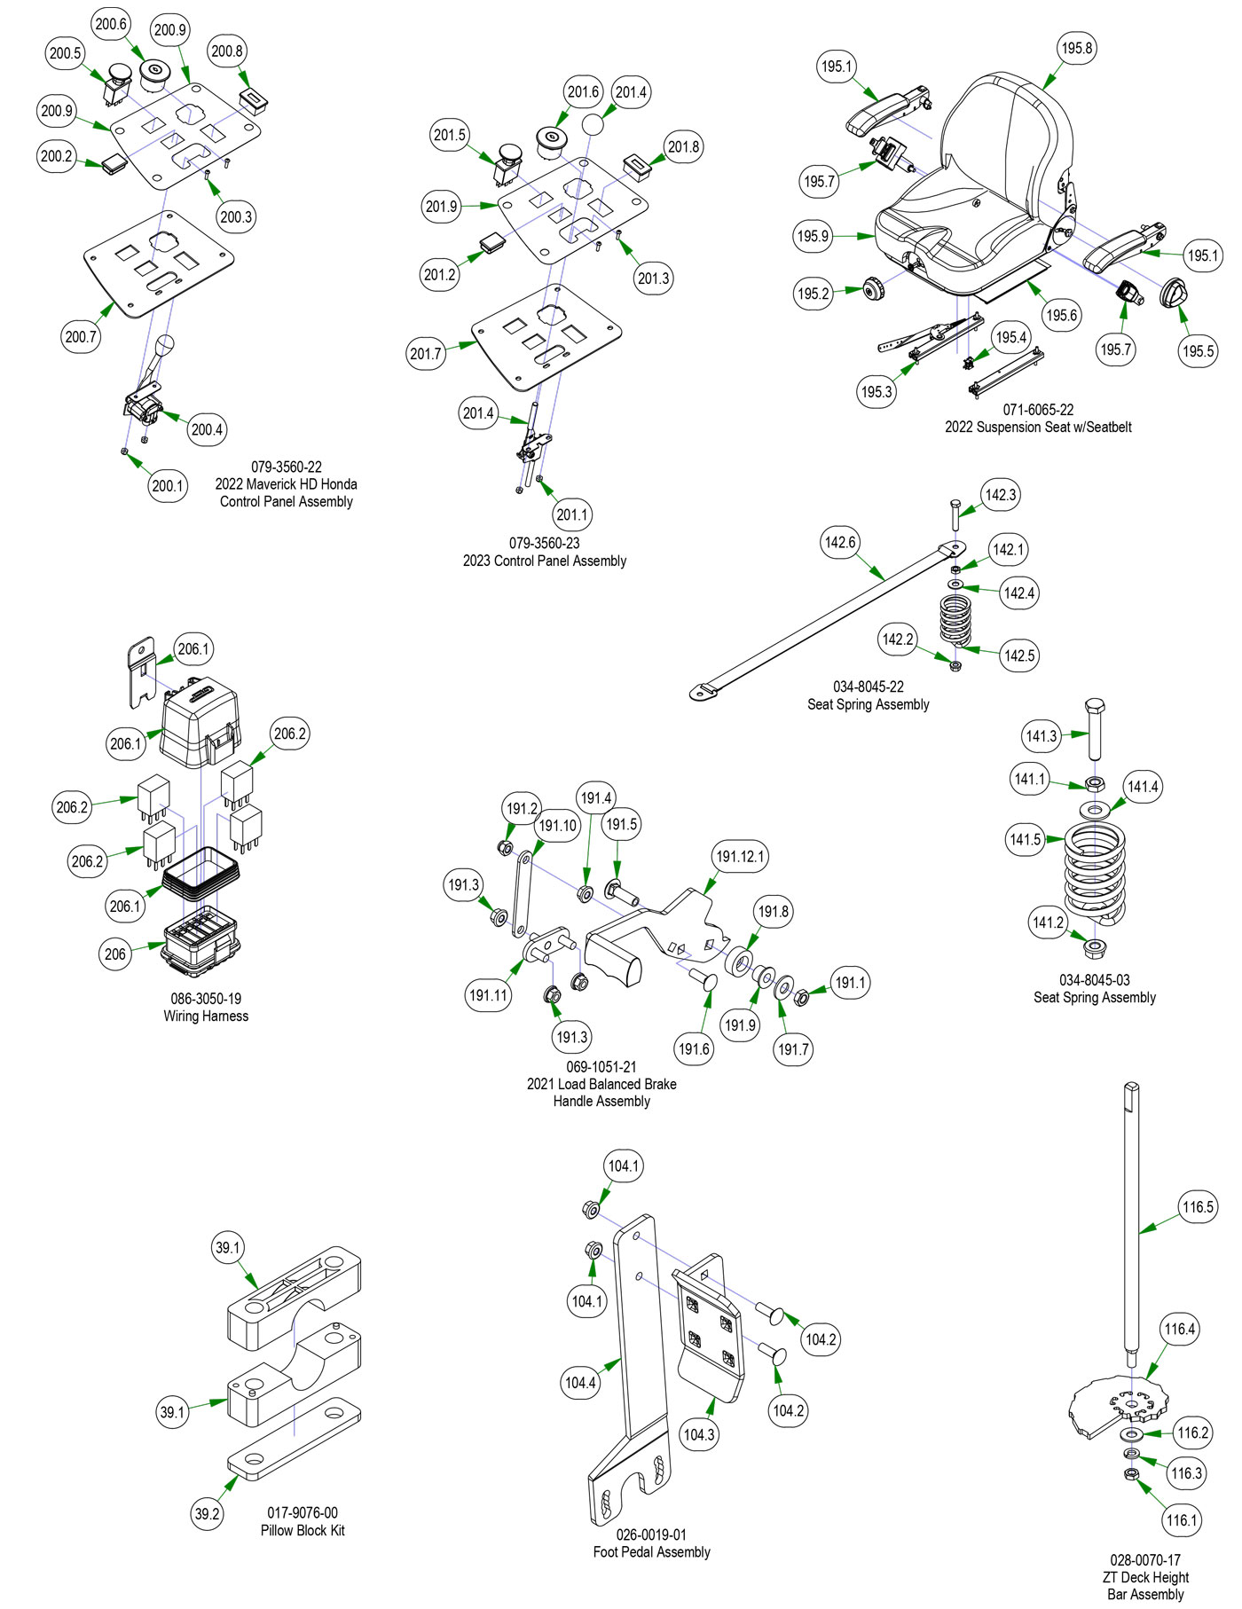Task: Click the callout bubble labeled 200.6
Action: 111,25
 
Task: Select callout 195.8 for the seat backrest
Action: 1077,48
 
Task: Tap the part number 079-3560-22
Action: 286,467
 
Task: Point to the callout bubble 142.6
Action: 840,542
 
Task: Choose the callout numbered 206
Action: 115,954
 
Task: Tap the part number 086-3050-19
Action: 206,999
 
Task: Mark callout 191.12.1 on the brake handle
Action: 740,857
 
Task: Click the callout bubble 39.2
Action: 208,1513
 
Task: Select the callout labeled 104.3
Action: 699,1434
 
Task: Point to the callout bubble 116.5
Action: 1198,1206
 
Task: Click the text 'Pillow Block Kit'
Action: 303,1530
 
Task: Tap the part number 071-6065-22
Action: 1038,410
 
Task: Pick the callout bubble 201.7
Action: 426,354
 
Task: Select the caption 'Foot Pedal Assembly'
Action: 651,1552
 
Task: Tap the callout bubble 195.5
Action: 1198,350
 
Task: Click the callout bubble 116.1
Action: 1182,1520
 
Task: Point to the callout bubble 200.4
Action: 207,430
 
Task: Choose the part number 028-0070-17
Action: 1145,1559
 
